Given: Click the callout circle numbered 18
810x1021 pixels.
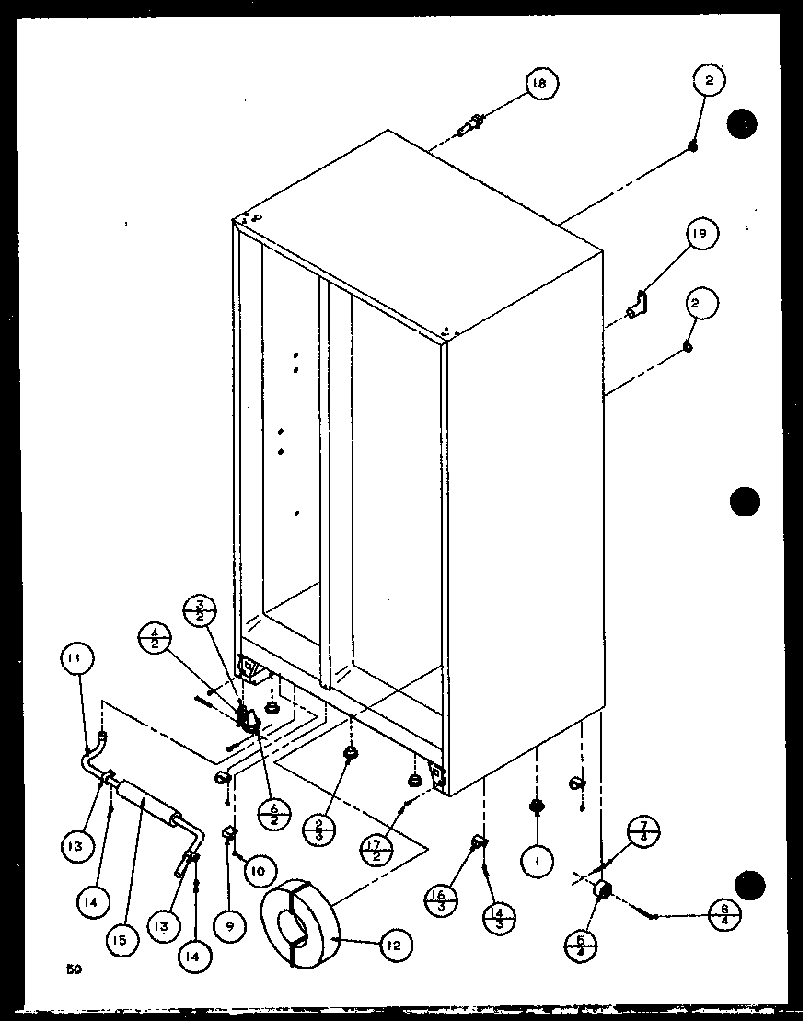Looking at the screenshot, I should point(540,85).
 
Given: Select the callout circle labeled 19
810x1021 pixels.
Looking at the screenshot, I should point(701,235).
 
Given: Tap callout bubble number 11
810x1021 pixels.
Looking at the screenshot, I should point(78,658).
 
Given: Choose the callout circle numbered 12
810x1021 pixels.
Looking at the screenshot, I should point(396,944).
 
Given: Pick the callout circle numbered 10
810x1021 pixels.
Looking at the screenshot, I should point(258,869).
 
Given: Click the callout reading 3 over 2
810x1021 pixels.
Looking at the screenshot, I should point(200,612).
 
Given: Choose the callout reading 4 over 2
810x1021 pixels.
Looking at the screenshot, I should point(154,638).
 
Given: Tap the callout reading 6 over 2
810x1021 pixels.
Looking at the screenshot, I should point(275,813).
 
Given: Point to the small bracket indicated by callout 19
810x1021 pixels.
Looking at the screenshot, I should point(637,305).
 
